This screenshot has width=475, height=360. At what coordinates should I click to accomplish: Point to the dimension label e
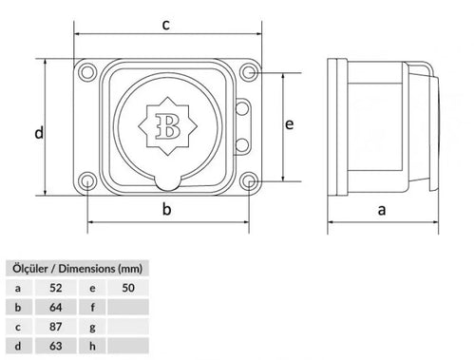(291, 123)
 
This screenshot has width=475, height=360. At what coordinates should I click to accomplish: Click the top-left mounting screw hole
(88, 71)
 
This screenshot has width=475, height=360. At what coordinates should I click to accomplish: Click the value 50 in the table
(130, 287)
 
